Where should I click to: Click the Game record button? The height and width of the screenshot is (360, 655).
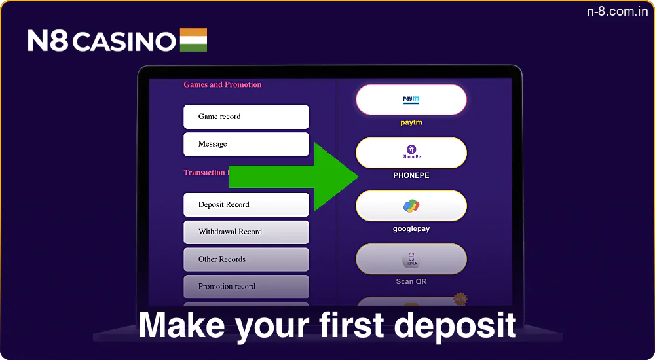246,117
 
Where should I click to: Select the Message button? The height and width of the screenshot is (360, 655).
246,144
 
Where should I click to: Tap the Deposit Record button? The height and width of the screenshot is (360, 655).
246,205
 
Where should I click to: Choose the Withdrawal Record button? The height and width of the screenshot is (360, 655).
246,232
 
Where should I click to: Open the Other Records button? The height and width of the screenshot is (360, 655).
246,259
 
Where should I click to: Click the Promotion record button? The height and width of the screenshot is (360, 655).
246,287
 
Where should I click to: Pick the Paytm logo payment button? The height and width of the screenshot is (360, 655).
411,100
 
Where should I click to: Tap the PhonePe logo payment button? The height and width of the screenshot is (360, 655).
411,153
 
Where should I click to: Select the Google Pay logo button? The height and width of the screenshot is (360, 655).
411,206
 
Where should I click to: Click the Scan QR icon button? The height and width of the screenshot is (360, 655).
411,259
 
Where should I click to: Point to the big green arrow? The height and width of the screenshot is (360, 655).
295,177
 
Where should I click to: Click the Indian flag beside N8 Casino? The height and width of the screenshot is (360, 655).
192,40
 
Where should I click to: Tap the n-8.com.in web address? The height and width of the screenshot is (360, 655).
616,12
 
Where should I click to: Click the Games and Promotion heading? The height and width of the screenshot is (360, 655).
222,84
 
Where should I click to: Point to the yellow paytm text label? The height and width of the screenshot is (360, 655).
411,122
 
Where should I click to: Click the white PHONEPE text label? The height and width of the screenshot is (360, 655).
411,175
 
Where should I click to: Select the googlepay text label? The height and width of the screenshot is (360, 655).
411,229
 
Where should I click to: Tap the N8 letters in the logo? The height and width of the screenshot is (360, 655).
48,41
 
